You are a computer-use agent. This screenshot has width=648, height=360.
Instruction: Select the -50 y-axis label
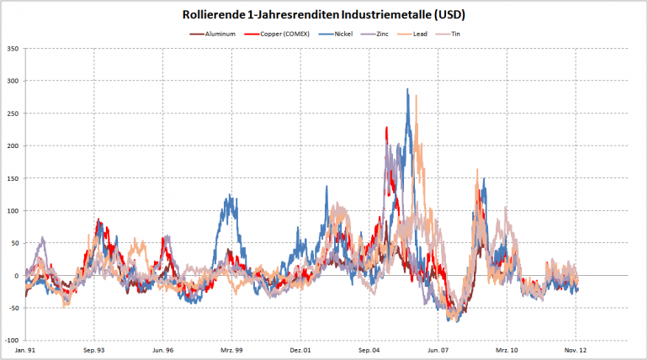(12, 308)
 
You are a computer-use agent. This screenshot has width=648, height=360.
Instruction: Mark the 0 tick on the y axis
(16, 275)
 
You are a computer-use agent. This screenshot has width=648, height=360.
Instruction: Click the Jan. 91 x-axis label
(26, 349)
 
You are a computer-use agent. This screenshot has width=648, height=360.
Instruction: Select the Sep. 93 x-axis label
(94, 349)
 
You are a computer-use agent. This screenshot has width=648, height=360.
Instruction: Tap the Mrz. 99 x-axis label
(232, 349)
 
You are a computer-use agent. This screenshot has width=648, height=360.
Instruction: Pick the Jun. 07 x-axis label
(439, 349)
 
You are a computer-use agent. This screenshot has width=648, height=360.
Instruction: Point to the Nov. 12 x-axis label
(577, 349)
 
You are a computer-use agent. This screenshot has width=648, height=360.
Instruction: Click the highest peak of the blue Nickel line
(408, 89)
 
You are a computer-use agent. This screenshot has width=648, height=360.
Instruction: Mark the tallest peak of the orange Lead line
(416, 96)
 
